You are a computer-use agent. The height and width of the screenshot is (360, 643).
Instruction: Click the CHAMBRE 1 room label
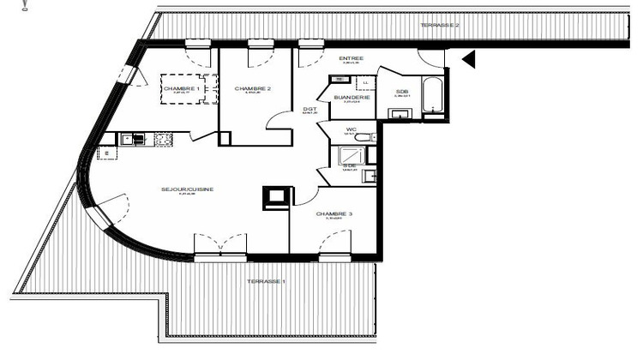181,89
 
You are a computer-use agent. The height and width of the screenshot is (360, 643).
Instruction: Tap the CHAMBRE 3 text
334,214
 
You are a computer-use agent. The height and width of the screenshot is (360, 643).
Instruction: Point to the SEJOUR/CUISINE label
185,189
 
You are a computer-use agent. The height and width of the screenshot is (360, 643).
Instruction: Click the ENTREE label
352,58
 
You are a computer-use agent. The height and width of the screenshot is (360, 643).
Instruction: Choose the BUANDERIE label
352,98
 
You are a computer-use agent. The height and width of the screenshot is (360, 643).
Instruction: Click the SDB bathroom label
401,93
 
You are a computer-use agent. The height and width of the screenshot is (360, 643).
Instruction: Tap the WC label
350,129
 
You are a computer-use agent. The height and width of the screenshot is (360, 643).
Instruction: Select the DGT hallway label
309,109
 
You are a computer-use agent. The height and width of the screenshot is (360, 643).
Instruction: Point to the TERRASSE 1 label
267,282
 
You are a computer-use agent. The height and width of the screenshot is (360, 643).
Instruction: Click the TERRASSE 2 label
440,26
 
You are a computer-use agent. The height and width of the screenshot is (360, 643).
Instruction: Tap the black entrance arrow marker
467,59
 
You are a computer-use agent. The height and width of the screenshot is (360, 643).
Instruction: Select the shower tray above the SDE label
351,155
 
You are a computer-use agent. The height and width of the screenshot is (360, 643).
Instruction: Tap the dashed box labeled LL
365,83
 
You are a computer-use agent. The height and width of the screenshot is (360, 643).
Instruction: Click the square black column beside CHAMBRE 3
275,196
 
